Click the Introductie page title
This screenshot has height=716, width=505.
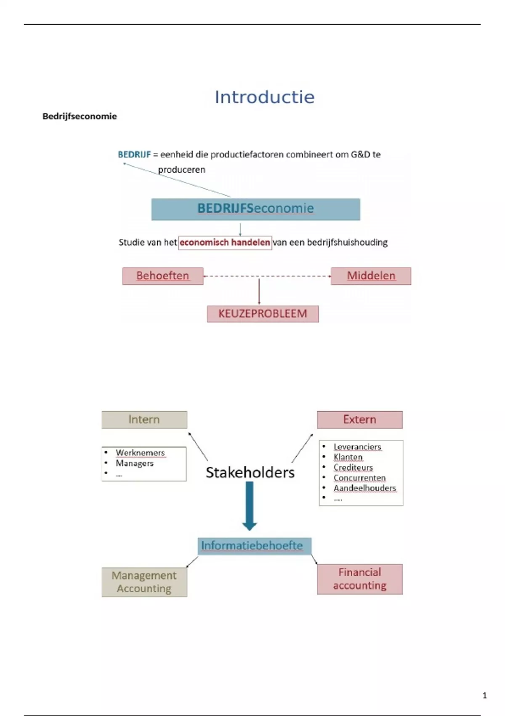tap(264, 97)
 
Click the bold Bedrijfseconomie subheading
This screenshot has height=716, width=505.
tap(80, 116)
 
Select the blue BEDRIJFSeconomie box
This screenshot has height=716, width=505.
tap(255, 209)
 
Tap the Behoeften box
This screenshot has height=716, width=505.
tap(162, 276)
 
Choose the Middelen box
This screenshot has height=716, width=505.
tap(371, 276)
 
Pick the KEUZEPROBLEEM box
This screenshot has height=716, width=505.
tap(263, 314)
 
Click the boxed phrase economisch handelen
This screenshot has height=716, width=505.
tap(225, 243)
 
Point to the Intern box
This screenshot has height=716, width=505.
tap(144, 419)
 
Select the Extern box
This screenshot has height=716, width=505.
tap(359, 419)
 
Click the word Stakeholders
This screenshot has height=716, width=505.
tap(250, 473)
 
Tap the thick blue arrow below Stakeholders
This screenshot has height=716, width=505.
tap(250, 505)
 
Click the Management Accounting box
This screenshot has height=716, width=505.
tap(144, 582)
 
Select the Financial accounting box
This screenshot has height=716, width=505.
tap(359, 579)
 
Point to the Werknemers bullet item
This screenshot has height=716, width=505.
tap(140, 453)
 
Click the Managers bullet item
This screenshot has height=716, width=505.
tap(135, 463)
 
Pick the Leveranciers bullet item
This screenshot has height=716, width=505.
tap(357, 447)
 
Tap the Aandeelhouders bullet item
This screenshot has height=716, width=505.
tap(365, 488)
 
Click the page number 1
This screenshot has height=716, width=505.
tap(484, 695)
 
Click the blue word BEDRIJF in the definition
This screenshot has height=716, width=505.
tap(134, 155)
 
